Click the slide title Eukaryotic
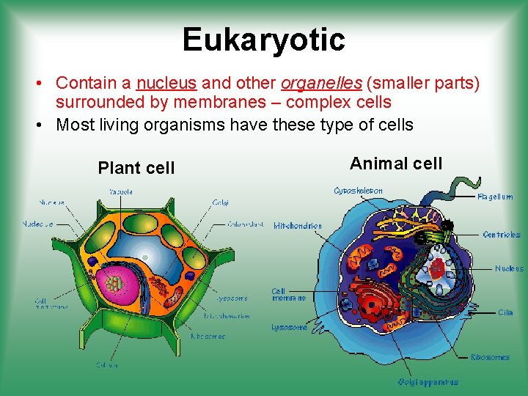pyautogui.click(x=263, y=40)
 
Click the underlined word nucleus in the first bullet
pyautogui.click(x=166, y=83)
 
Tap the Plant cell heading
pyautogui.click(x=136, y=168)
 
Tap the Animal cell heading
pyautogui.click(x=396, y=163)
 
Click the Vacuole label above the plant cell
pyautogui.click(x=121, y=191)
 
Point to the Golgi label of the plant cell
pyautogui.click(x=220, y=202)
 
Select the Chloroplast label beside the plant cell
pyautogui.click(x=245, y=224)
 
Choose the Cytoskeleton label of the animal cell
pyautogui.click(x=358, y=191)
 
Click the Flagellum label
pyautogui.click(x=495, y=197)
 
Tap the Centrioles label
pyautogui.click(x=502, y=235)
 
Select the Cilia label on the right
pyautogui.click(x=505, y=312)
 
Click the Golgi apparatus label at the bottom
pyautogui.click(x=428, y=381)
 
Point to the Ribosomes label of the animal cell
pyautogui.click(x=490, y=357)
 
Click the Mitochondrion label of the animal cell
pyautogui.click(x=297, y=226)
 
